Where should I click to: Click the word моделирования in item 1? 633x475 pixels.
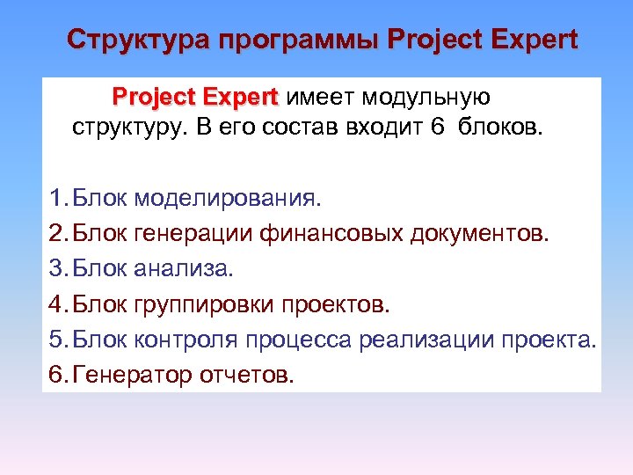coord(229,198)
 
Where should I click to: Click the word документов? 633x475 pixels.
coord(482,233)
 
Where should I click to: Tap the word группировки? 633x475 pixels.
coord(205,304)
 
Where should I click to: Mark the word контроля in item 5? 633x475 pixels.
coord(186,340)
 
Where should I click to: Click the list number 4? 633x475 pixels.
coord(57,304)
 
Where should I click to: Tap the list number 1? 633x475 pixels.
coord(57,198)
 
